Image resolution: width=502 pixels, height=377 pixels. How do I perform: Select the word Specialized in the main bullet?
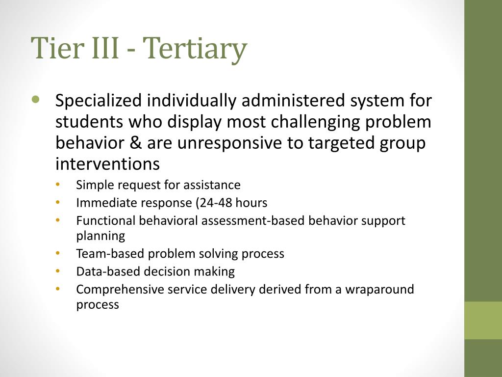[x=99, y=101]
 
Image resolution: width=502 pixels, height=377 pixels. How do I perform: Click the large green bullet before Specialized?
[x=36, y=99]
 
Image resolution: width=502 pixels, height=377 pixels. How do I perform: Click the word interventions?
[x=107, y=164]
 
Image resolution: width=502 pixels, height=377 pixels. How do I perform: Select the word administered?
[x=294, y=100]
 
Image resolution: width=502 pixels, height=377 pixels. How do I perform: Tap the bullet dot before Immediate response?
[x=58, y=202]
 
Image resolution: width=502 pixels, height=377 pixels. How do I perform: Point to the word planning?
[x=100, y=236]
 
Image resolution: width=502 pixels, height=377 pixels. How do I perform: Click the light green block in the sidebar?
[x=483, y=320]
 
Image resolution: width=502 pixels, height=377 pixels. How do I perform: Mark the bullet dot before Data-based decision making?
[x=58, y=271]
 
